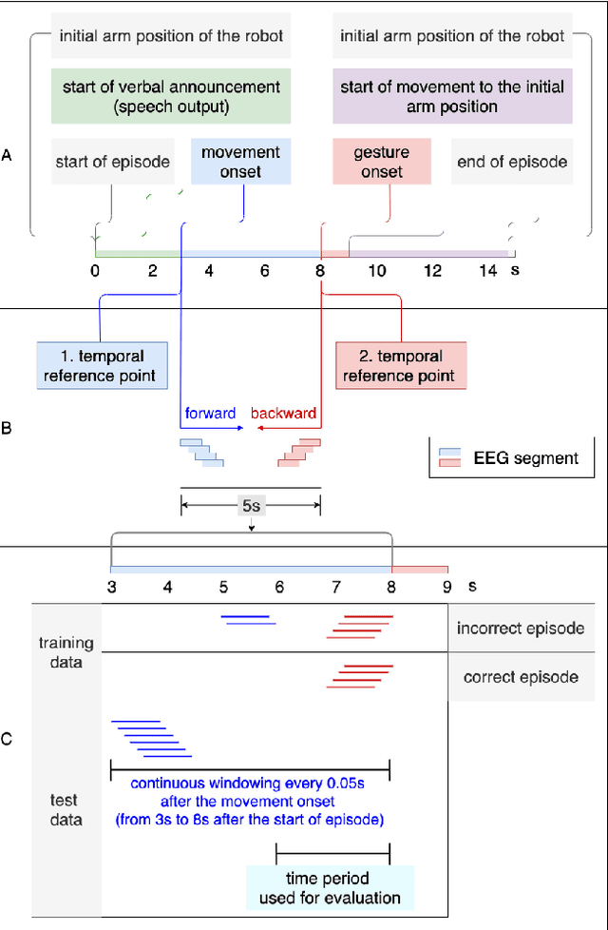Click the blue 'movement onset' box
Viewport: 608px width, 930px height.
click(x=241, y=161)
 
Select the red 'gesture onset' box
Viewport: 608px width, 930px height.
click(x=382, y=161)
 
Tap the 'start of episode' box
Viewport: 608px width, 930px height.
click(x=112, y=161)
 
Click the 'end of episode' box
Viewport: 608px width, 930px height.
click(x=512, y=161)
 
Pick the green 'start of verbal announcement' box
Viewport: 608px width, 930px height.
click(x=170, y=97)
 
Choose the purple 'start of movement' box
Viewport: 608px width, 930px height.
click(x=452, y=97)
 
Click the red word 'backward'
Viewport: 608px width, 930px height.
click(x=283, y=415)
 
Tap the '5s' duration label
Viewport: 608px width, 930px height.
click(x=250, y=507)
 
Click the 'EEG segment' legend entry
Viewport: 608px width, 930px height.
click(x=525, y=457)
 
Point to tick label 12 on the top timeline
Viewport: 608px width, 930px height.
click(x=433, y=271)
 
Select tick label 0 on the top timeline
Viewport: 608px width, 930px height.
click(x=95, y=271)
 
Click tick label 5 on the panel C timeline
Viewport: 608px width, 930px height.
click(x=223, y=587)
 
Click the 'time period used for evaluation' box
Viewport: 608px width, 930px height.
click(x=328, y=887)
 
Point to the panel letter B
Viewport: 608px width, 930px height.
click(x=8, y=429)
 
